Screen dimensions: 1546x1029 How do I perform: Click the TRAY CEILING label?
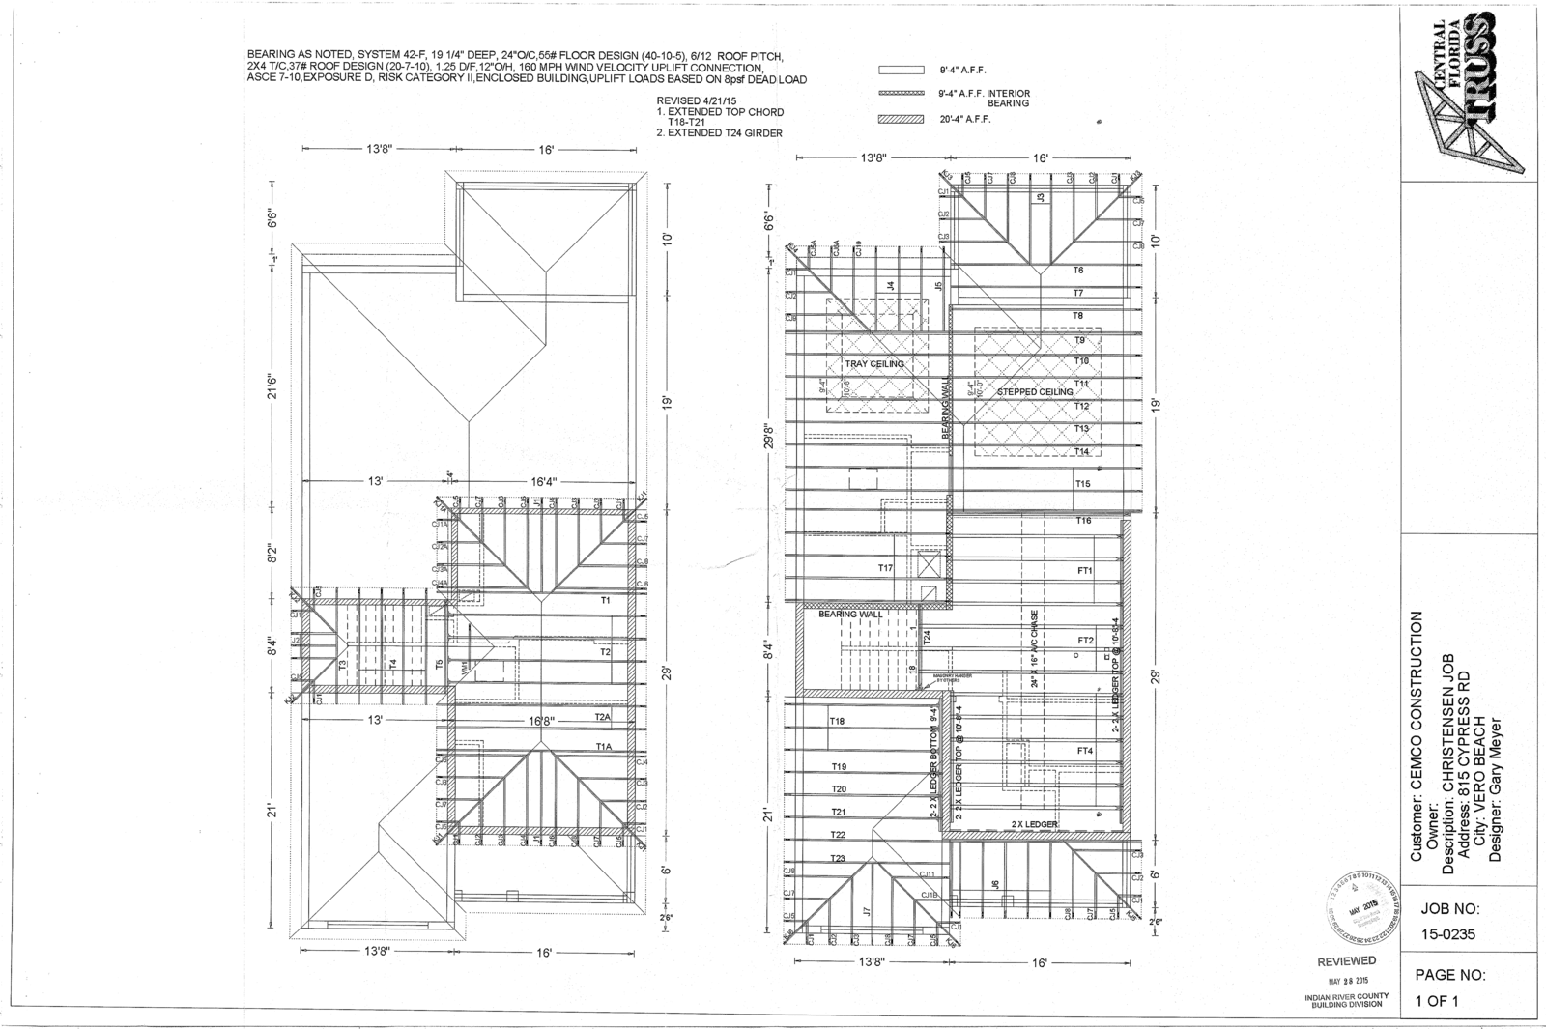874,364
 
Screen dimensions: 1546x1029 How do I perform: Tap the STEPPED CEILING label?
1035,391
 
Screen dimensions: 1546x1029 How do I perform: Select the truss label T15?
1082,483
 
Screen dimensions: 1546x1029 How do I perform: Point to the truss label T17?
885,568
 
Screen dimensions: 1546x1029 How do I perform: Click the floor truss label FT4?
1085,751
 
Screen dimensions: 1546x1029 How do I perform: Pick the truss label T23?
838,858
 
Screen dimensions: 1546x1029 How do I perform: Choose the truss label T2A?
604,717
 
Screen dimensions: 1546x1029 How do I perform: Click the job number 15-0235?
1447,934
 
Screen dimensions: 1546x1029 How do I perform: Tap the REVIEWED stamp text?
1347,960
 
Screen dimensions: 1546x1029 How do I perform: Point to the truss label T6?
1078,271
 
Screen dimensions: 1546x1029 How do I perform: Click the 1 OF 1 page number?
1437,1001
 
